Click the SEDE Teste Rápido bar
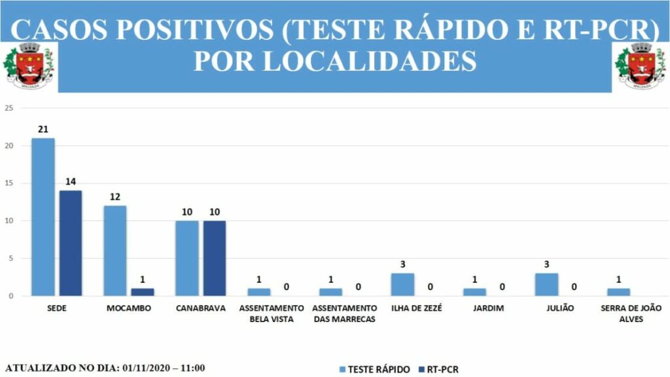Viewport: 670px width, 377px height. coord(43,217)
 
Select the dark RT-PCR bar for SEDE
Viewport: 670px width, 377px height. coord(71,243)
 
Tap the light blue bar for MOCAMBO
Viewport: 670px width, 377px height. coord(115,251)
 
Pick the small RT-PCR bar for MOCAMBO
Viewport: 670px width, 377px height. coord(142,292)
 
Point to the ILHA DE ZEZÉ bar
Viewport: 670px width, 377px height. coord(402,285)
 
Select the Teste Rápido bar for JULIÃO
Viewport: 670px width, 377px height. coord(546,285)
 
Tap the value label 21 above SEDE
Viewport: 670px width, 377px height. coord(43,130)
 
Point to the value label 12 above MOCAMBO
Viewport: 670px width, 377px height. coord(115,197)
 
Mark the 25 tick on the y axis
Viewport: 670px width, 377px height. coord(9,109)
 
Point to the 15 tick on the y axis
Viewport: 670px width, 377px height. coord(9,183)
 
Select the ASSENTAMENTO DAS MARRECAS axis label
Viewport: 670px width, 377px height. coord(345,313)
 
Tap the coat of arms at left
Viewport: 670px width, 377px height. coord(29,65)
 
